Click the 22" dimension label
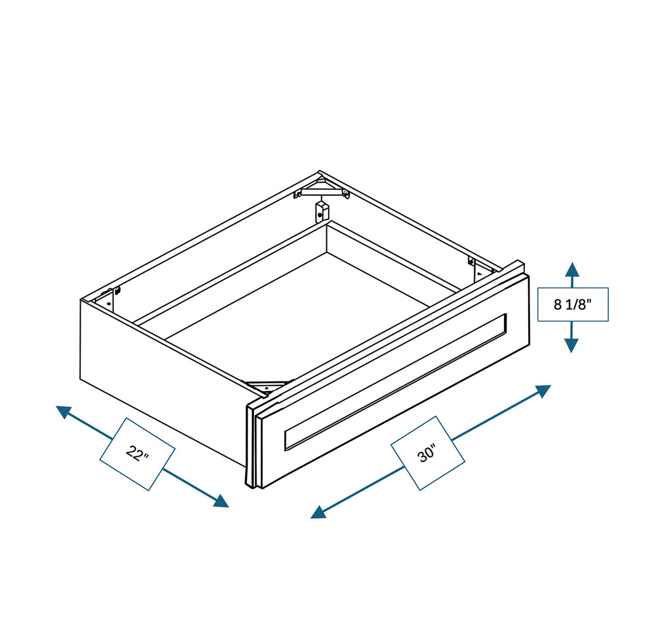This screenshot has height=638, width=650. click(137, 453)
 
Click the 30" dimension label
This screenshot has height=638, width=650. click(427, 453)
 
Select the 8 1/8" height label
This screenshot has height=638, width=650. click(573, 305)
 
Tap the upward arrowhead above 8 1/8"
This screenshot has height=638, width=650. click(572, 269)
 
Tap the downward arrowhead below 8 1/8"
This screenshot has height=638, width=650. click(572, 345)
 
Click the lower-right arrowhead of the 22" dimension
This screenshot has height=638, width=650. click(221, 501)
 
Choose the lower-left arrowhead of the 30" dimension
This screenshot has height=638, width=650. click(319, 512)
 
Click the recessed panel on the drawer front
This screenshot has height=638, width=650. click(395, 382)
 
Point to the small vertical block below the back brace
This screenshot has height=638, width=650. click(322, 211)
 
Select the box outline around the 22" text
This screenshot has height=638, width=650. click(137, 454)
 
